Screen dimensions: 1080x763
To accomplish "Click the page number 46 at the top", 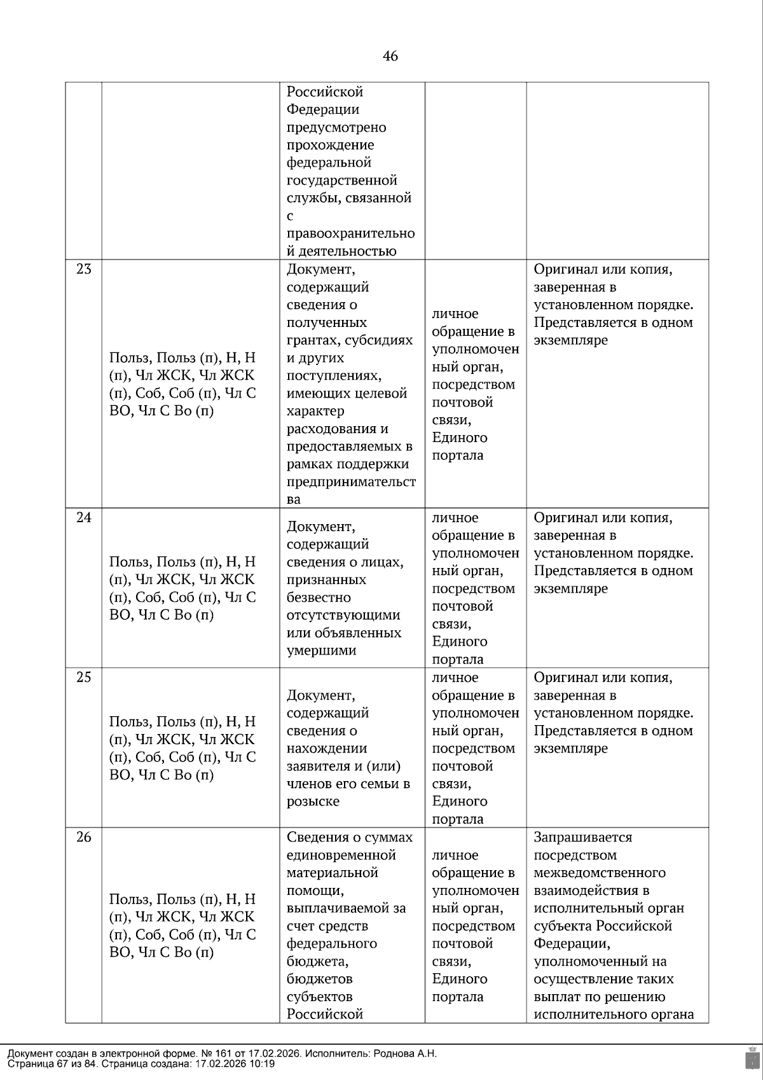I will (x=390, y=57).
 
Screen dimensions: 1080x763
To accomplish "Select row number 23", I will (x=84, y=269).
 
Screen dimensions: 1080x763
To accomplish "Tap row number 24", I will (x=84, y=518).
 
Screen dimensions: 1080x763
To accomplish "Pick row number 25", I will (x=84, y=677).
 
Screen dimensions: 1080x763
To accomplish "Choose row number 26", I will (x=84, y=837).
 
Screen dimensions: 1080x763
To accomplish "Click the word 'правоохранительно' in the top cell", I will (x=350, y=233).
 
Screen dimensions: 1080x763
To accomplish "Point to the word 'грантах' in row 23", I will (x=311, y=340).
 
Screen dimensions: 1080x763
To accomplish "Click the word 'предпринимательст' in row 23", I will (x=351, y=481).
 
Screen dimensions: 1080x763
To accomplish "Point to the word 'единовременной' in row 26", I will (x=341, y=855).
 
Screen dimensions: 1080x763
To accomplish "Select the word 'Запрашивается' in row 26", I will (x=582, y=837).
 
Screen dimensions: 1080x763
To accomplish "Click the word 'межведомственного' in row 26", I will (x=600, y=873).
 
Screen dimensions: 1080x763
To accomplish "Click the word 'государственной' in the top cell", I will (x=341, y=180).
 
